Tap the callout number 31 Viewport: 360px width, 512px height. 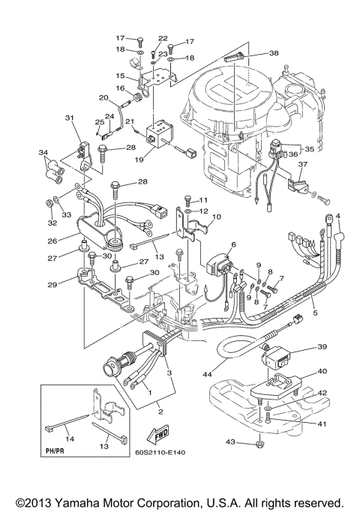pos(70,118)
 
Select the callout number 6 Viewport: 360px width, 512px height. pos(233,244)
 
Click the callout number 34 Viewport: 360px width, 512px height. pos(43,153)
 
